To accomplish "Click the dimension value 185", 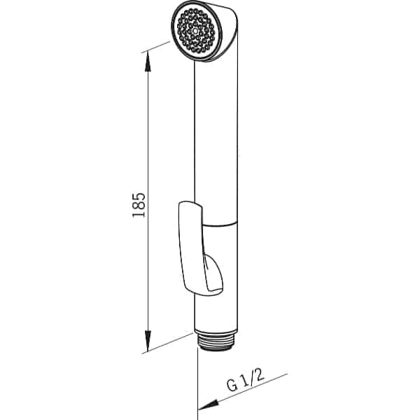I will (137, 204).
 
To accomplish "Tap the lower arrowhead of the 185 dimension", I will (148, 347).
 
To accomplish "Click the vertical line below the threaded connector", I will (198, 378).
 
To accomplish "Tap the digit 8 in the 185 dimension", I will (137, 204).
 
